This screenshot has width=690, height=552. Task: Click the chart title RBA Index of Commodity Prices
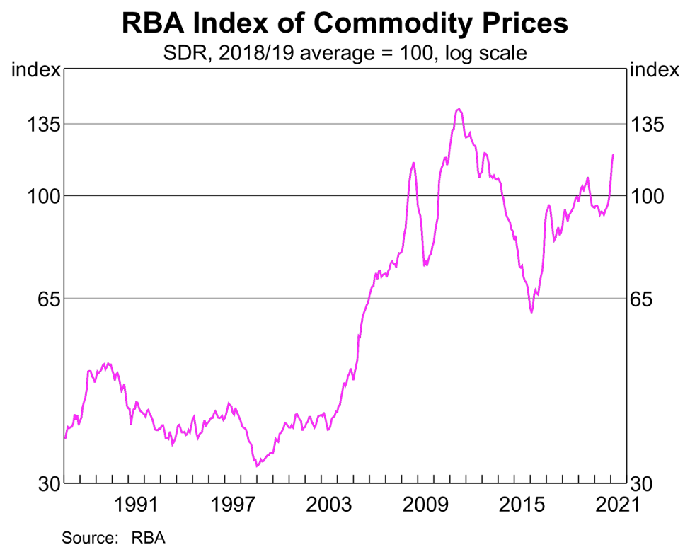pyautogui.click(x=345, y=23)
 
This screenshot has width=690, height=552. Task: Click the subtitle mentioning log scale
pyautogui.click(x=345, y=52)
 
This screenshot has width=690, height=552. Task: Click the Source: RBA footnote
pyautogui.click(x=113, y=537)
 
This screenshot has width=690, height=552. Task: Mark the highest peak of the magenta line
pyautogui.click(x=459, y=109)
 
